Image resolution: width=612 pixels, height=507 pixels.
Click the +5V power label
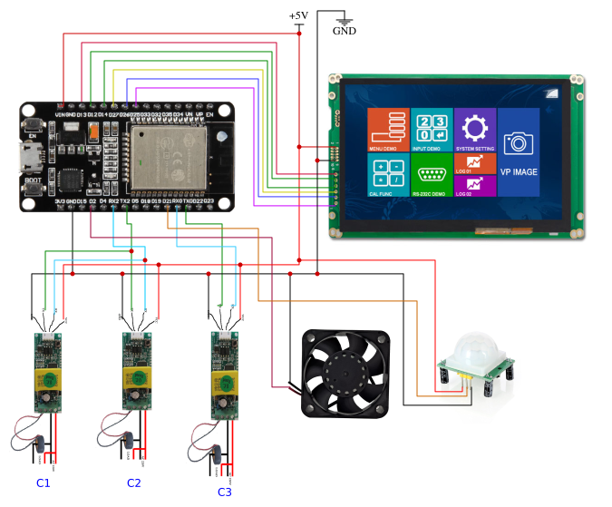pyautogui.click(x=298, y=15)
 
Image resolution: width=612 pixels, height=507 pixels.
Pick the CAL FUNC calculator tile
pyautogui.click(x=386, y=175)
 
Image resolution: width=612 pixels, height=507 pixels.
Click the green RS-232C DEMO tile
pyautogui.click(x=431, y=175)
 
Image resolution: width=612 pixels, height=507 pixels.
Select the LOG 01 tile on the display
pyautogui.click(x=474, y=164)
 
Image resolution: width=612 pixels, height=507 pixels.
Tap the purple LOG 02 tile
pyautogui.click(x=474, y=187)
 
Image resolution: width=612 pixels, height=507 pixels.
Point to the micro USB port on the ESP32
pyautogui.click(x=31, y=158)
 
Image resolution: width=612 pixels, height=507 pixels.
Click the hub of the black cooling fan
pyautogui.click(x=345, y=374)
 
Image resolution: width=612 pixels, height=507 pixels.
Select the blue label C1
pyautogui.click(x=44, y=483)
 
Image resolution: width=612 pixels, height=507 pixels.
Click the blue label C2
pyautogui.click(x=134, y=483)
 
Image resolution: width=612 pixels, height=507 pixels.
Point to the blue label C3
pyautogui.click(x=225, y=492)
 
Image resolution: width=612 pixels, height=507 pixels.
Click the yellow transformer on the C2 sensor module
pyautogui.click(x=135, y=380)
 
